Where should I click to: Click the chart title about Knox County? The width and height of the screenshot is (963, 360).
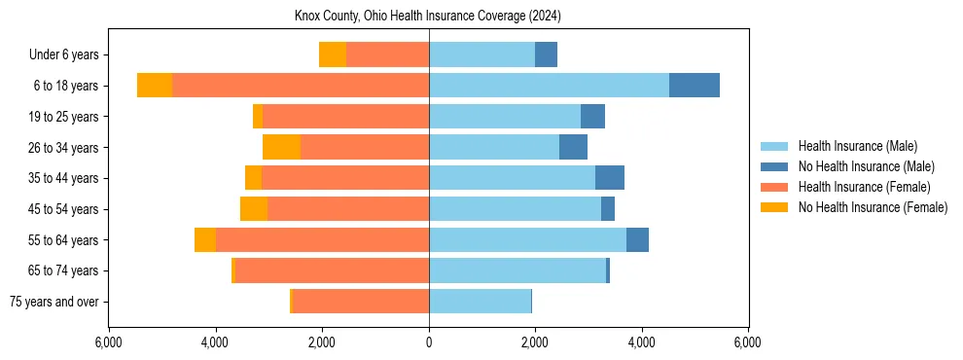(x=428, y=17)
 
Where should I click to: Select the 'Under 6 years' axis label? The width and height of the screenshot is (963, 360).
(x=63, y=54)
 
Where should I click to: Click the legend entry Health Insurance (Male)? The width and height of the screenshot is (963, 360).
(x=857, y=146)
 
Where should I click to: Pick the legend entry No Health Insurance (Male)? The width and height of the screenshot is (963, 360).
(x=866, y=166)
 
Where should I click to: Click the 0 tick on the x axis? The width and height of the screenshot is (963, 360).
(x=429, y=342)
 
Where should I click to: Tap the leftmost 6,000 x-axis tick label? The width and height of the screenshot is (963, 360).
(x=109, y=342)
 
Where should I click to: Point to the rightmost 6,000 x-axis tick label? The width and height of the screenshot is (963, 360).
(x=748, y=342)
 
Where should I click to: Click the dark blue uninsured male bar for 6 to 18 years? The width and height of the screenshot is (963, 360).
(x=695, y=86)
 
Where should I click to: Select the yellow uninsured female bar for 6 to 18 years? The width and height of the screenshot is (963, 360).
(x=155, y=86)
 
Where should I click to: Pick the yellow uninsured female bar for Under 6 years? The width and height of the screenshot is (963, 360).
(x=333, y=54)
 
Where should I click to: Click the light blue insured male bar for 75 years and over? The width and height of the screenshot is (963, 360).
(x=480, y=302)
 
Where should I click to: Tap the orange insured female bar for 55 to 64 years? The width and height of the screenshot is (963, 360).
(x=322, y=239)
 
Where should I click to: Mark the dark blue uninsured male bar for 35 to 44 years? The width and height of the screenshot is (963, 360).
(x=610, y=178)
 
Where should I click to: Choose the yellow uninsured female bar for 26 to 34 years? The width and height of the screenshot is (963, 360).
(x=282, y=147)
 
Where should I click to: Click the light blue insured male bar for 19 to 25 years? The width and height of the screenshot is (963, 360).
(x=505, y=117)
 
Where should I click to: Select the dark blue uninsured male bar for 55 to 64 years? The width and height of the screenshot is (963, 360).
(x=637, y=239)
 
